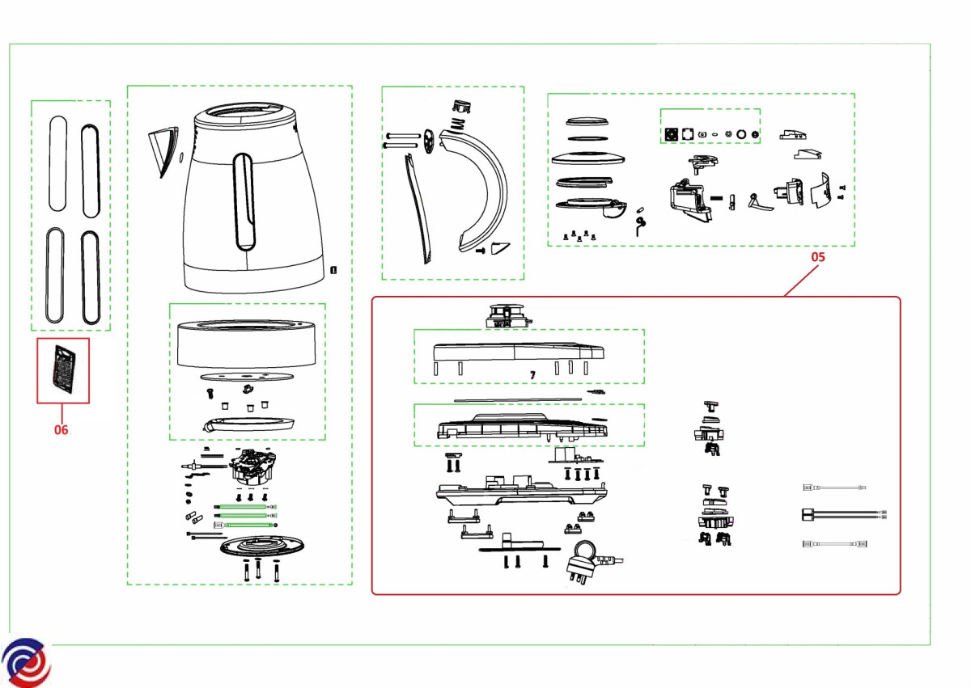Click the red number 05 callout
pos(818,257)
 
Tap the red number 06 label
pos(61,430)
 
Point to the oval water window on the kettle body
pos(243,201)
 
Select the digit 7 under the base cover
pos(532,376)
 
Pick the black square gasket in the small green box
pos(670,133)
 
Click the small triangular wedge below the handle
pos(501,247)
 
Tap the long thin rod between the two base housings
pos(518,398)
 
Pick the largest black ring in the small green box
pos(740,133)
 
